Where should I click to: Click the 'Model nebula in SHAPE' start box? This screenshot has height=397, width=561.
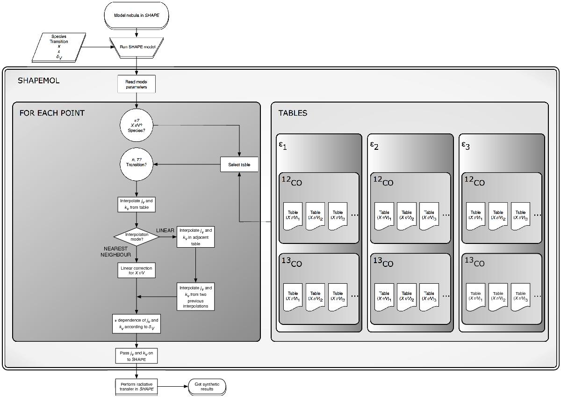137,15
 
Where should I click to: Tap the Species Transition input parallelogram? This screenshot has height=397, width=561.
59,47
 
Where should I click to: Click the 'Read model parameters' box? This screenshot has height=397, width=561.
136,84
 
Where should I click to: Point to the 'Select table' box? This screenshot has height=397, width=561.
239,164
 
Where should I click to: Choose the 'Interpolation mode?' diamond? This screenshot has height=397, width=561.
137,236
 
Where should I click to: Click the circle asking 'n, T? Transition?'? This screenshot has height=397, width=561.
136,164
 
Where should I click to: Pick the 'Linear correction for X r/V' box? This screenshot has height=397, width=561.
136,270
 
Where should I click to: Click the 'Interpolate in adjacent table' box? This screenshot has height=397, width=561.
195,237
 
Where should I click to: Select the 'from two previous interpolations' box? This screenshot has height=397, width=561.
195,296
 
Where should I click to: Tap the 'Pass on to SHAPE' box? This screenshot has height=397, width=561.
136,356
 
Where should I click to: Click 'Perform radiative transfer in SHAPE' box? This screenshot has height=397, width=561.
136,386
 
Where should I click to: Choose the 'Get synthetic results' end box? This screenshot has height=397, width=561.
207,386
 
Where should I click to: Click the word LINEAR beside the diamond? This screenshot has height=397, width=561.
165,230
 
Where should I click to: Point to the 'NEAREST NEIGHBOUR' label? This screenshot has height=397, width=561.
116,251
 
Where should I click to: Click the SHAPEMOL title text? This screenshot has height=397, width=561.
39,81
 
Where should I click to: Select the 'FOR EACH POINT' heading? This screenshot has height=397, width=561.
52,113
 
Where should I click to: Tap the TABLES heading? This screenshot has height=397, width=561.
293,113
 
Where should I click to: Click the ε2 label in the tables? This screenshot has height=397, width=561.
374,145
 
